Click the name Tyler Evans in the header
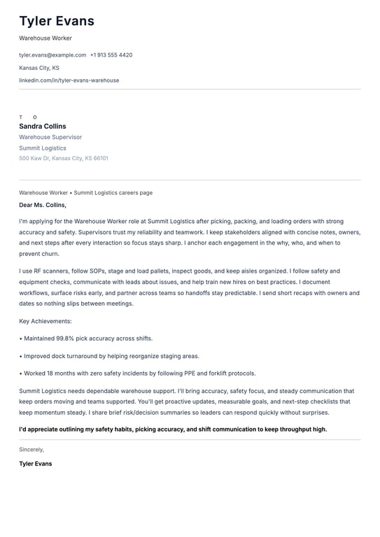[x=57, y=21]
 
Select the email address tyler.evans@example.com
[x=52, y=55]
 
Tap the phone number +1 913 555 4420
[x=111, y=55]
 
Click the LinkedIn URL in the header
[x=69, y=80]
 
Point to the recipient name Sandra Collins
[x=43, y=127]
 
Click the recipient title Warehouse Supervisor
[x=50, y=138]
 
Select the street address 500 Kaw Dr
[x=34, y=159]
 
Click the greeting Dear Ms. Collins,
[x=43, y=205]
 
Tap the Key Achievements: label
[x=45, y=321]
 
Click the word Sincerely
[x=31, y=450]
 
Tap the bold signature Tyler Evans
[x=35, y=464]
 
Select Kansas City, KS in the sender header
[x=39, y=68]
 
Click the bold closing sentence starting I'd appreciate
[x=173, y=429]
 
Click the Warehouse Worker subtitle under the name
[x=45, y=38]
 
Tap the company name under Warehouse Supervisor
[x=43, y=148]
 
